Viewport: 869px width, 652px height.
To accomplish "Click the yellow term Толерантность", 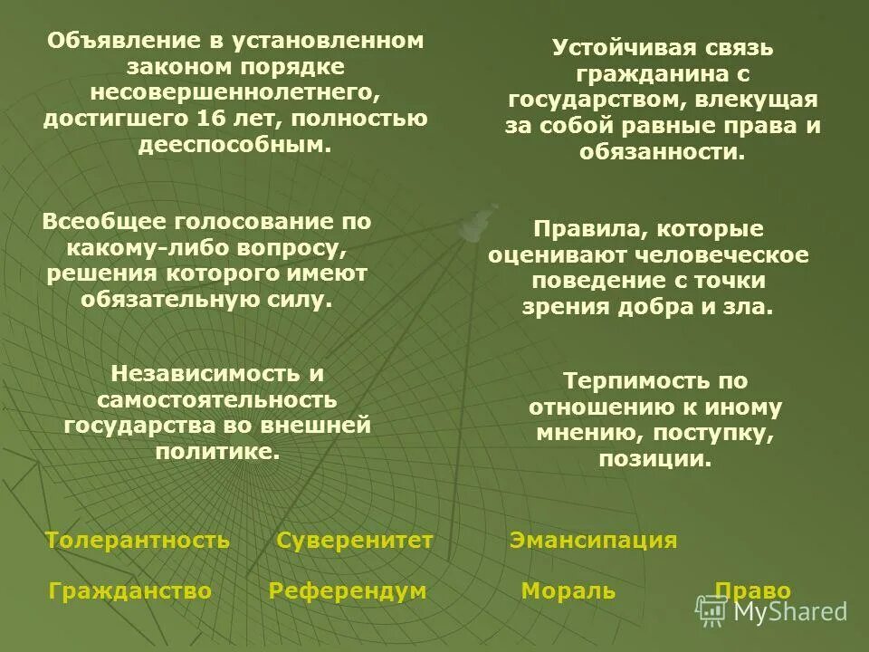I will [x=137, y=542].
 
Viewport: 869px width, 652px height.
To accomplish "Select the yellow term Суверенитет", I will [x=355, y=542].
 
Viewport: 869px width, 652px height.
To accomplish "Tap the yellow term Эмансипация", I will [x=593, y=542].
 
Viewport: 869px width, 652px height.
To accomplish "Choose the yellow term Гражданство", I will [x=130, y=592].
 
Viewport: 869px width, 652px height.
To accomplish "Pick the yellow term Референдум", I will [x=348, y=592].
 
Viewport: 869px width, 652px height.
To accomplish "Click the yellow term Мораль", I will [x=568, y=592].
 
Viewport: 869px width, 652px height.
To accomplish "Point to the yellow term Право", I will [x=753, y=592].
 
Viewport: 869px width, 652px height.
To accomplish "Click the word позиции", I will [x=654, y=459].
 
